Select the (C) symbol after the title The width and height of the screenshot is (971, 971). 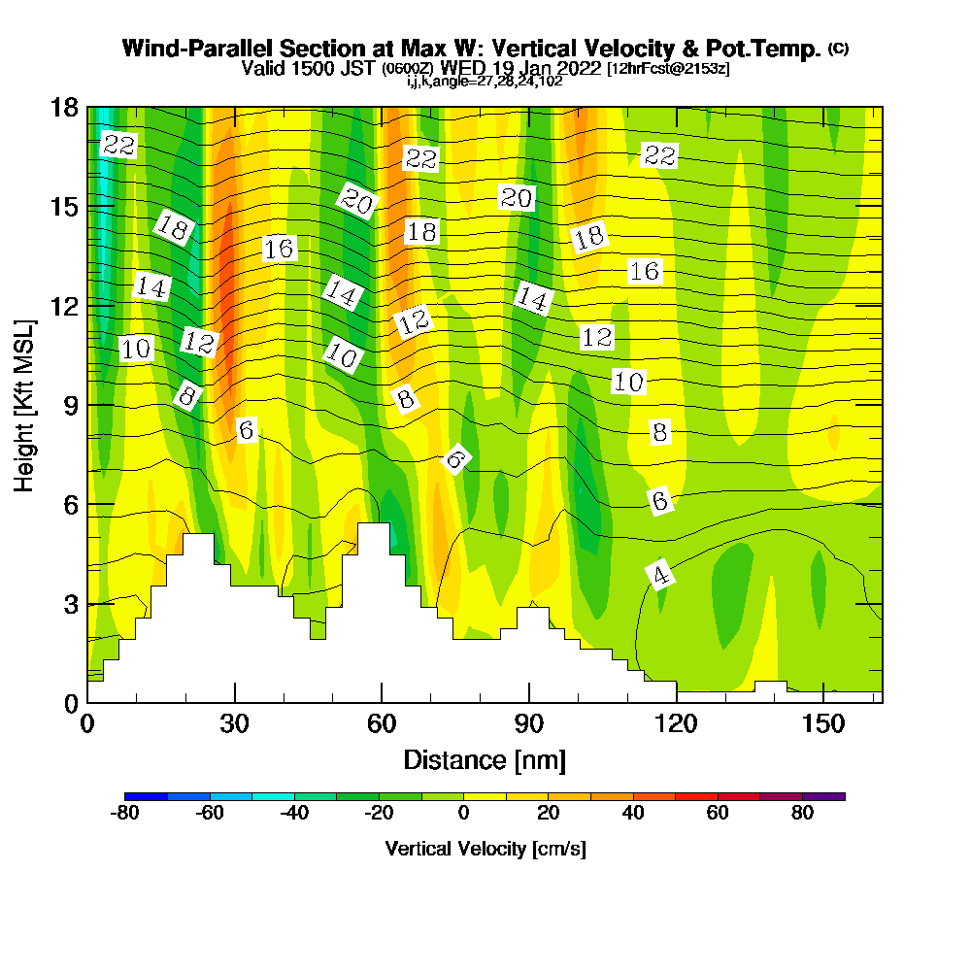coord(839,48)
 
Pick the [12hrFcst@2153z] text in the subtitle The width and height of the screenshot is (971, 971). coord(668,69)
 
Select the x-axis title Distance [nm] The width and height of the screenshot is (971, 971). coord(485,759)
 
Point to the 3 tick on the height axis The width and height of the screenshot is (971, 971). coord(70,604)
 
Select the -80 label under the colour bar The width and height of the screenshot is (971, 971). coord(126,814)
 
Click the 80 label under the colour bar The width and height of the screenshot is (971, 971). coord(802,814)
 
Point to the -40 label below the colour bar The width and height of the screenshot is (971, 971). coord(295,814)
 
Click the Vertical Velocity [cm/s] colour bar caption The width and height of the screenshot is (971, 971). coord(485,849)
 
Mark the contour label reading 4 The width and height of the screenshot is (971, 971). coord(660,575)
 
